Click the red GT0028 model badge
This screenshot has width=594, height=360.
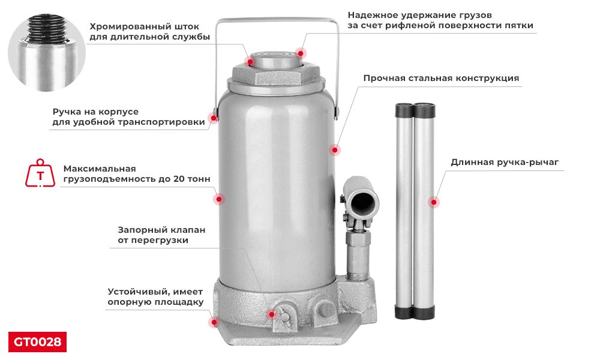37,342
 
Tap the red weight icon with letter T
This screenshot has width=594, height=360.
40,174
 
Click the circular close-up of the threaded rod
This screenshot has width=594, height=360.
47,53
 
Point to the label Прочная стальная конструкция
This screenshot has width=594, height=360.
441,78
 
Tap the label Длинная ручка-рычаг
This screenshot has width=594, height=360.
505,162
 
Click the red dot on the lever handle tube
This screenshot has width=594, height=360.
434,203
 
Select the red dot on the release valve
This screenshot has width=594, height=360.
272,314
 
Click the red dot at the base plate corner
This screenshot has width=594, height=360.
213,322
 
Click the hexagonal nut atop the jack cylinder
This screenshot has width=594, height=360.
277,77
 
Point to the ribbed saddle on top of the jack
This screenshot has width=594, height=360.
277,61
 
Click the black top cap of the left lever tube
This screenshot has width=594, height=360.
404,110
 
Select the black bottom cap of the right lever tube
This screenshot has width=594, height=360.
424,311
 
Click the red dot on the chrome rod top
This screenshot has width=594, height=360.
251,61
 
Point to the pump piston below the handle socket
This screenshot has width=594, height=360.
358,252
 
